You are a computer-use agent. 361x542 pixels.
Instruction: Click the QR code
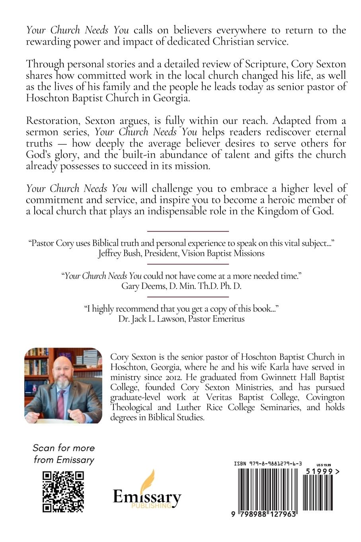(63, 491)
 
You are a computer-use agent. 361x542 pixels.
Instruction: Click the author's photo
(63, 385)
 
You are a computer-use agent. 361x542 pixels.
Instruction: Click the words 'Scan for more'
(64, 448)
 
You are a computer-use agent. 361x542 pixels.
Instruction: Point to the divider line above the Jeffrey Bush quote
(188, 231)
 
